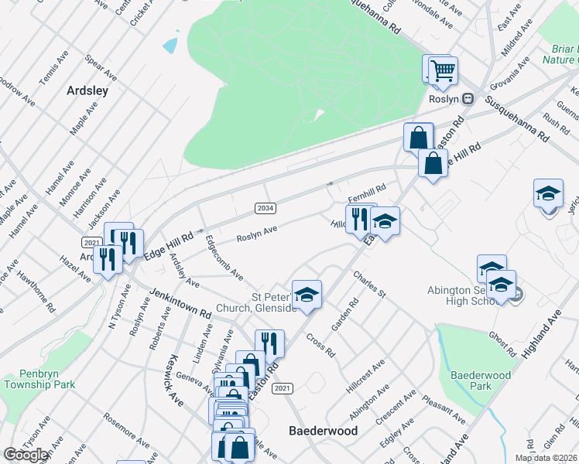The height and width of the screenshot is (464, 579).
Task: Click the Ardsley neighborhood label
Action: click(87, 90)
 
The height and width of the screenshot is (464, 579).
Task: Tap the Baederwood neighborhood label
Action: click(322, 430)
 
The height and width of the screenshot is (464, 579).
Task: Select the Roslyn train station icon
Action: click(468, 99)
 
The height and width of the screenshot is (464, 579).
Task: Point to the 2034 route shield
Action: click(266, 208)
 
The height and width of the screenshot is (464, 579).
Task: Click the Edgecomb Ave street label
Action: click(224, 258)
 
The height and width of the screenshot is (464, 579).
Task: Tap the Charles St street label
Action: click(369, 285)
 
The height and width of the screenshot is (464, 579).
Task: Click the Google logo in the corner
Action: click(26, 455)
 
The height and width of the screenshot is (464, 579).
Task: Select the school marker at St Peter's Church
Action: click(307, 294)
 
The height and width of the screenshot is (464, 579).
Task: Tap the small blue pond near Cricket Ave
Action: click(170, 44)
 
